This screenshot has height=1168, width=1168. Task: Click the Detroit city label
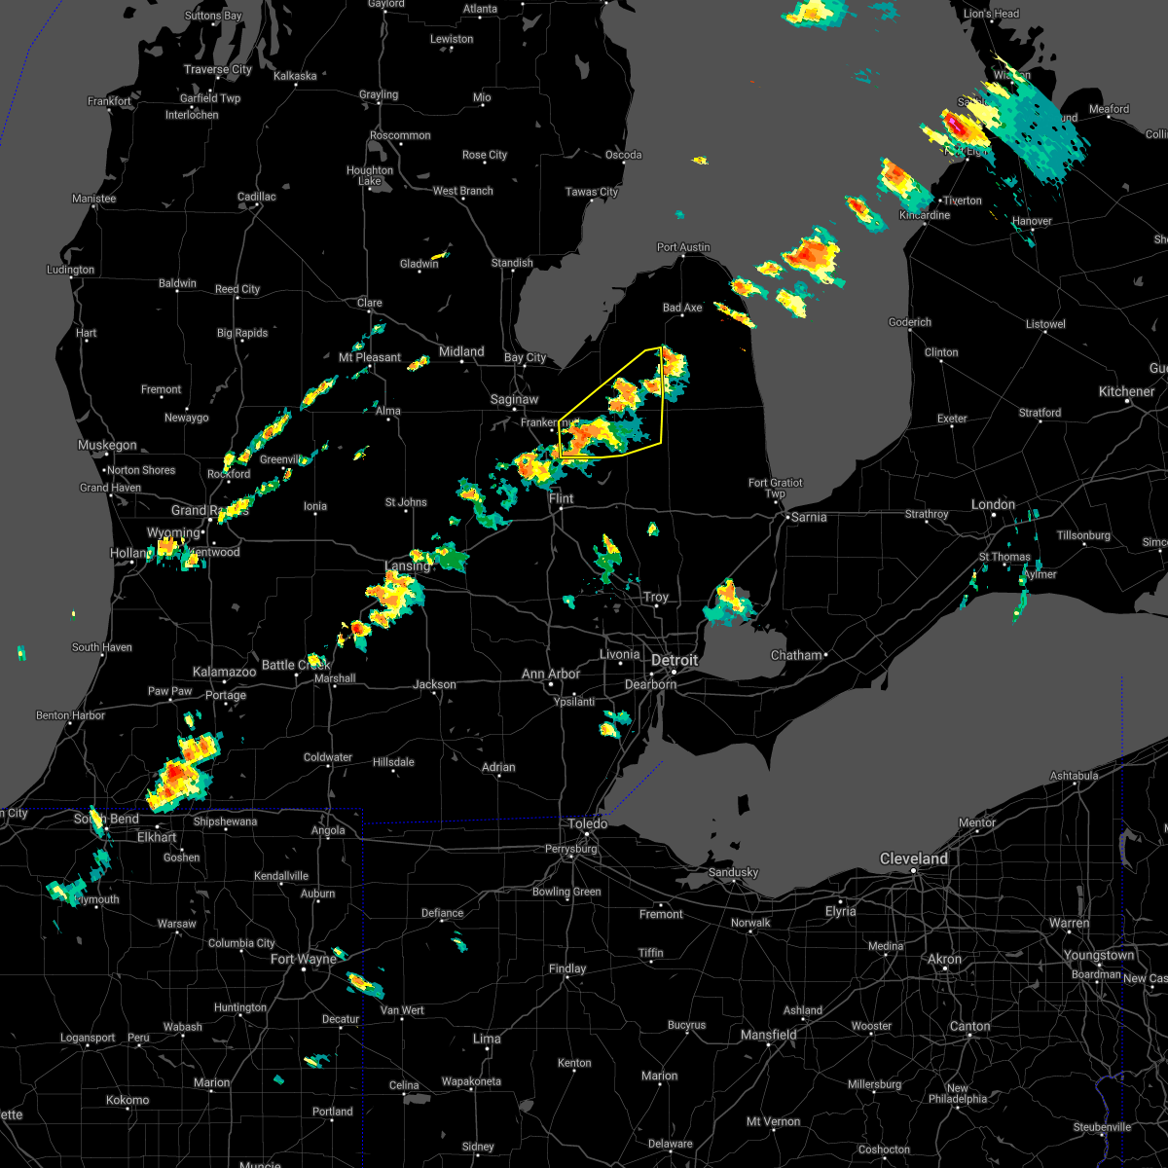[675, 660]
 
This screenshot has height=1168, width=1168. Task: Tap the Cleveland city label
[913, 858]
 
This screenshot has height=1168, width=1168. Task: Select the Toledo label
[588, 823]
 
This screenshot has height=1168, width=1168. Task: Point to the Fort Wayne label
[303, 959]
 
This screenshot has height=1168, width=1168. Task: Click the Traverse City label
[218, 69]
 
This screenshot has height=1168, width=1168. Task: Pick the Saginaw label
[514, 399]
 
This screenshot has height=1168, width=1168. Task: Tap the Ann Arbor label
[551, 674]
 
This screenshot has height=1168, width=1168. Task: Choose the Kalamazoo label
[224, 672]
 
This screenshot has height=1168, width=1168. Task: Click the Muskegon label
[107, 445]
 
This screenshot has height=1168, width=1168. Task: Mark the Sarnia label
[809, 517]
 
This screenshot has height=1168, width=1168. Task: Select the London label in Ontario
[993, 504]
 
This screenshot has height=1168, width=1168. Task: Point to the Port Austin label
[683, 247]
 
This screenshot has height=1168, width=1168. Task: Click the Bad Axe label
[682, 308]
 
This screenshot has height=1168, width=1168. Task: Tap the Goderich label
[910, 322]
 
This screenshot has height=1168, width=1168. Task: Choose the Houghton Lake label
[370, 175]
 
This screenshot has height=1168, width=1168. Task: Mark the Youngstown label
[1098, 955]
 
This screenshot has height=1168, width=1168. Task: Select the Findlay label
[567, 968]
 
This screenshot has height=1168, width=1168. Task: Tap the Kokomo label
[128, 1100]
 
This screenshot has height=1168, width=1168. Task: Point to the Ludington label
[71, 270]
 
